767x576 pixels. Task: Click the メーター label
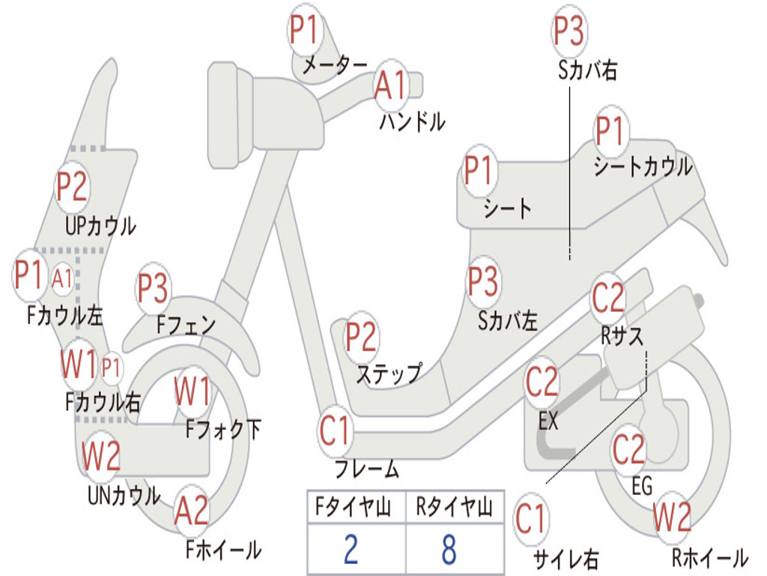[335, 65]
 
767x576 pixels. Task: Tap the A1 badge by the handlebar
[390, 84]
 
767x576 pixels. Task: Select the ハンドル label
[413, 121]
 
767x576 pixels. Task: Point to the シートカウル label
[643, 166]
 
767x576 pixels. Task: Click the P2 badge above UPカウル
[71, 187]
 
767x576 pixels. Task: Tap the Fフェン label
[187, 325]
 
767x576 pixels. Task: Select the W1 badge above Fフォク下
[192, 391]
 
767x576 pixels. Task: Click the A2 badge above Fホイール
[192, 510]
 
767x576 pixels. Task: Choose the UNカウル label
[124, 495]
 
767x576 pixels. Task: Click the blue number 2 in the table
[351, 549]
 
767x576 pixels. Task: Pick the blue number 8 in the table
[449, 549]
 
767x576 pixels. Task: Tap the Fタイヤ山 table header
[354, 507]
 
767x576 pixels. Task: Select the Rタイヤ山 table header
[455, 507]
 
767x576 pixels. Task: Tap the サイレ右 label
[566, 559]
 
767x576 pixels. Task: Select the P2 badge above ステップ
[361, 337]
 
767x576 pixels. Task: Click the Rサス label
[622, 336]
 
